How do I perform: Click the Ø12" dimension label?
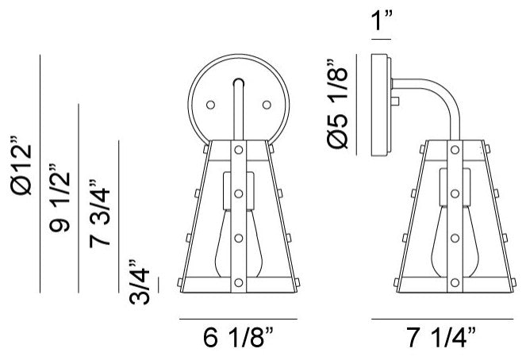tap(21, 165)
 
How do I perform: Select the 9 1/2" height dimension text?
tap(60, 198)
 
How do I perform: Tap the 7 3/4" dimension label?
tap(100, 213)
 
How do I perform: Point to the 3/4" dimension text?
tap(139, 281)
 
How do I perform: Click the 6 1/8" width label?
tap(238, 337)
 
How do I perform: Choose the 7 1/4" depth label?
tap(441, 337)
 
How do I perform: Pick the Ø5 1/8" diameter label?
tap(337, 104)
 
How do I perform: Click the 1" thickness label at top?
tap(382, 20)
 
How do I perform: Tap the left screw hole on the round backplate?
tap(211, 105)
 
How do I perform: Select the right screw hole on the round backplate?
tap(267, 105)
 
